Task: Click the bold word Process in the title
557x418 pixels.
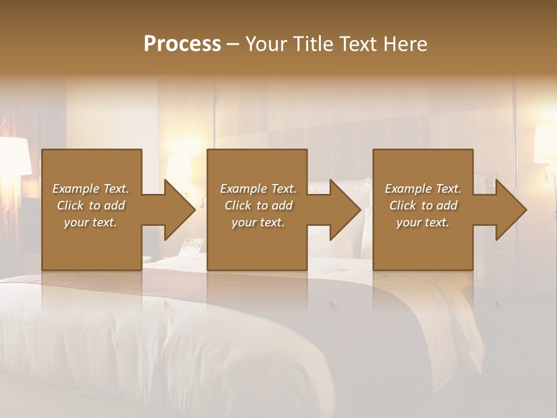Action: (x=182, y=44)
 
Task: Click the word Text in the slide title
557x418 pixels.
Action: (x=357, y=44)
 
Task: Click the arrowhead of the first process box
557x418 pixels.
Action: (x=180, y=210)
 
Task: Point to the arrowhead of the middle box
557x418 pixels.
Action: (x=345, y=210)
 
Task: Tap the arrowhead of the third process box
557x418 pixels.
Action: (x=511, y=210)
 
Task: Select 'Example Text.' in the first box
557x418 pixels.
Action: (x=91, y=189)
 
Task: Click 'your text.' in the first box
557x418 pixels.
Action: (x=91, y=222)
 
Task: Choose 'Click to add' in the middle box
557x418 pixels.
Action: (x=258, y=206)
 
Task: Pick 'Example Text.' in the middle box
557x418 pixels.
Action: (x=258, y=189)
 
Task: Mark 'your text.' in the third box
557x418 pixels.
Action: (x=423, y=222)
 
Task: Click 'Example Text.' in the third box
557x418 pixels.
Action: (x=423, y=189)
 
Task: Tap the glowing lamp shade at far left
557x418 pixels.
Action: (x=16, y=156)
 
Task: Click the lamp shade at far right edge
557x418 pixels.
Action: (x=545, y=142)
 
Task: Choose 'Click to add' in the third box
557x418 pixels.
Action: (x=423, y=206)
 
